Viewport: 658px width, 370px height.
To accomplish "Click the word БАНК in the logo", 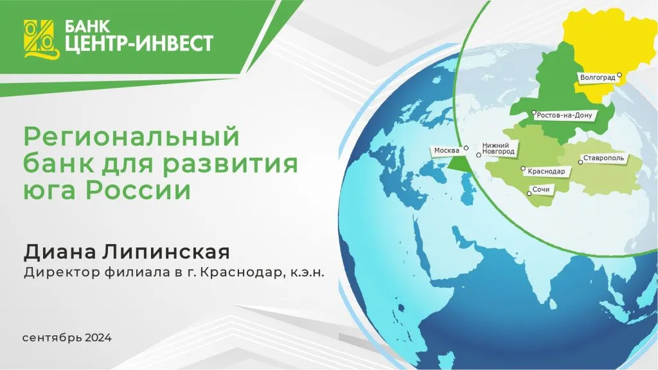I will (x=83, y=27).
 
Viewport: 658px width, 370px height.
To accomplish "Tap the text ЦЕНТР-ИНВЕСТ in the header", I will (x=138, y=44).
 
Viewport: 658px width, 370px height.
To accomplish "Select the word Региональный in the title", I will (x=131, y=138).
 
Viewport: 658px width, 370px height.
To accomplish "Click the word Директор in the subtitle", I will (x=60, y=273).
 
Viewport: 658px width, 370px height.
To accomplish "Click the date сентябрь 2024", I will (x=67, y=338).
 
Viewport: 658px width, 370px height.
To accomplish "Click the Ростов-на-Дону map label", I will (x=564, y=116).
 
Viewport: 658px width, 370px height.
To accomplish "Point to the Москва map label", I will (x=447, y=150).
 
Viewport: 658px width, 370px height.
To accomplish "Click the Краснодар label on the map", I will (x=546, y=172).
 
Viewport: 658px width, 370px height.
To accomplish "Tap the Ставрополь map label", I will (x=604, y=158).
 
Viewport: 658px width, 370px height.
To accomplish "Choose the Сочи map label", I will (x=542, y=191).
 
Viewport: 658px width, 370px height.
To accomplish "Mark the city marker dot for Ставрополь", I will (x=580, y=163).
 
